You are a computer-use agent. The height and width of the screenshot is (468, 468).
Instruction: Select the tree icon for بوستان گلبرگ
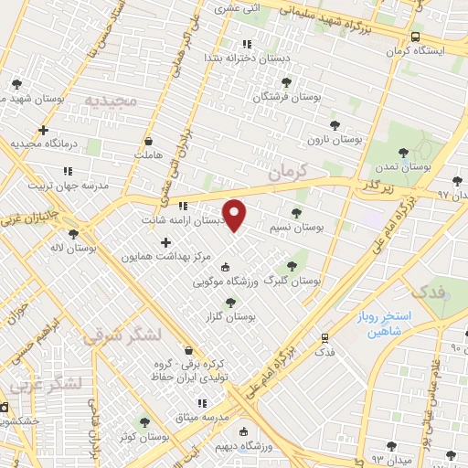tap(292, 266)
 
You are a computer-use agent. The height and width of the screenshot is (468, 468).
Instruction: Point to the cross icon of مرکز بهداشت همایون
tap(165, 242)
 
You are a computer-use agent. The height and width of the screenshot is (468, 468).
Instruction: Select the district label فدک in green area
tap(427, 292)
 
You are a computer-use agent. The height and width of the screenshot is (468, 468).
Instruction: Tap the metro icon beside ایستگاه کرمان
tap(416, 37)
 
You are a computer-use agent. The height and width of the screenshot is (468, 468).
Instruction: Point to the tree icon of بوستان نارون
tap(335, 124)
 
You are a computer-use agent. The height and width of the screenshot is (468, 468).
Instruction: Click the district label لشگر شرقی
tap(112, 335)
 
